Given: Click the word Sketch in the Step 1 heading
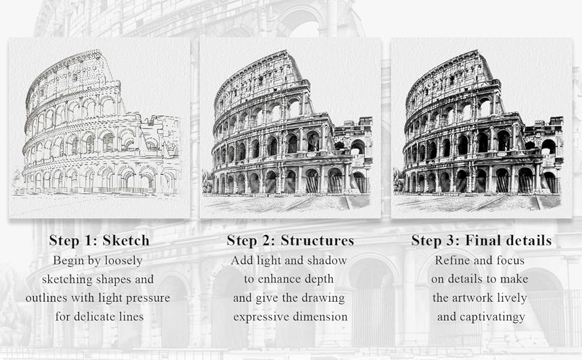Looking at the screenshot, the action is [126, 241].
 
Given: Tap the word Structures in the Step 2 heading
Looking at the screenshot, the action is [317, 241].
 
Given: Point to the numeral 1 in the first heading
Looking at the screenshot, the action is [88, 241].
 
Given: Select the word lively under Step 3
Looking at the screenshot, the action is [514, 298].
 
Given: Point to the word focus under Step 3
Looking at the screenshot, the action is [511, 260].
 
